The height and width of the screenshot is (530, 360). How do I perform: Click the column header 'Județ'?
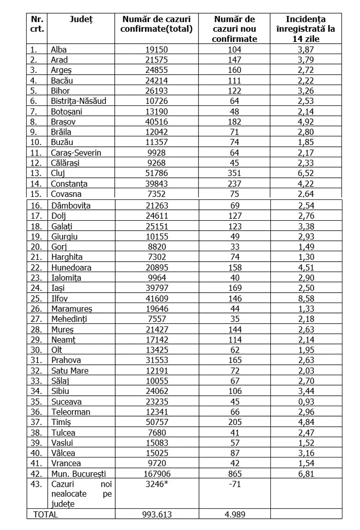coord(81,19)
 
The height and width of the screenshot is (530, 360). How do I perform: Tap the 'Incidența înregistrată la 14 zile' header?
coord(306,29)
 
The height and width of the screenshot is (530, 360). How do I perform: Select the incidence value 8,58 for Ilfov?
coord(306,298)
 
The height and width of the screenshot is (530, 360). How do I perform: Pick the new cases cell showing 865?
coord(234,474)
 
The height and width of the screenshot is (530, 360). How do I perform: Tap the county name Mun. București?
coord(79,474)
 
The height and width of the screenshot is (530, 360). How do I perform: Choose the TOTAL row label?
coord(45,514)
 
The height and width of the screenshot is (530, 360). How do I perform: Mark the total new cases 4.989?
coord(234,514)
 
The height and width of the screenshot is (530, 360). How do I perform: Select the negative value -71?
coord(234,485)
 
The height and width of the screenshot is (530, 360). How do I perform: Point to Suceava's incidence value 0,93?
coord(306,402)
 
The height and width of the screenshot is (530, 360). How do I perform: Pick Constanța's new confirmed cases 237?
coord(234,184)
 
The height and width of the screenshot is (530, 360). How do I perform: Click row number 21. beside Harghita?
coord(36,257)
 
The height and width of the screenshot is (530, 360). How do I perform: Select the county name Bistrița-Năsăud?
coord(79,101)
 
